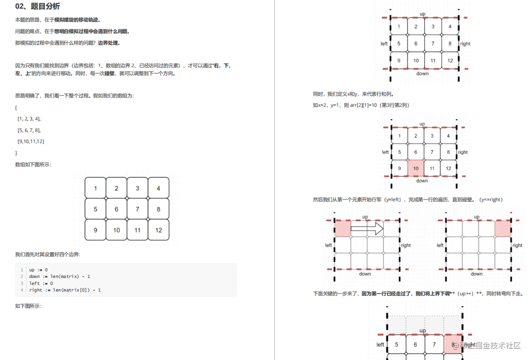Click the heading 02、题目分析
tap(38, 6)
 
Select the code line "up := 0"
tap(38, 270)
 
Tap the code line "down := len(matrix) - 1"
tap(60, 276)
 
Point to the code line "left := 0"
tap(41, 283)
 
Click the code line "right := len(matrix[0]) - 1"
tap(65, 290)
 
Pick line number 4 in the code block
tap(22, 290)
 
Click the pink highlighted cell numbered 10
tap(416, 168)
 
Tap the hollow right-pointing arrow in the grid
tap(367, 229)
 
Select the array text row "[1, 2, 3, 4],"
tap(29, 119)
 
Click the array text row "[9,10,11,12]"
tap(31, 141)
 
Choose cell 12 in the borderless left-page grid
tap(158, 230)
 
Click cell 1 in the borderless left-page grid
tap(95, 188)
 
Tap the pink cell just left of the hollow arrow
tap(342, 228)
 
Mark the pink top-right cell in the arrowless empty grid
tap(503, 228)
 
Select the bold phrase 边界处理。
tap(109, 43)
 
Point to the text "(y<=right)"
tap(491, 200)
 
